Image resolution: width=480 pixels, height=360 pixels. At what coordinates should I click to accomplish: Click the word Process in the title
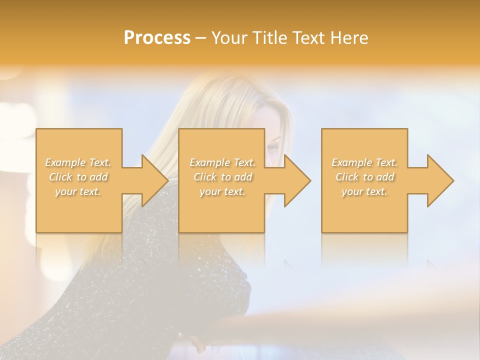[x=157, y=38]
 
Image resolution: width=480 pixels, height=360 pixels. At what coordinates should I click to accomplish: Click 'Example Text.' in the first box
[x=78, y=162]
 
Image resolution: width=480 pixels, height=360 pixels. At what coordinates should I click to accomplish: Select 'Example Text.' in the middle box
[x=222, y=162]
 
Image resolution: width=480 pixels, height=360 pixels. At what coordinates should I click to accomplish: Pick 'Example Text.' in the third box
[x=364, y=162]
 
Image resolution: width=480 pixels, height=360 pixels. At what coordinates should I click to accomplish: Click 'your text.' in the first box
[x=78, y=191]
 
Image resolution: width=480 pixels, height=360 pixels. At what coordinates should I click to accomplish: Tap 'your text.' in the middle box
[x=222, y=191]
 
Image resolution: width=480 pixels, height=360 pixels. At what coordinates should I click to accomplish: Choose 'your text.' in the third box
[x=364, y=191]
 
